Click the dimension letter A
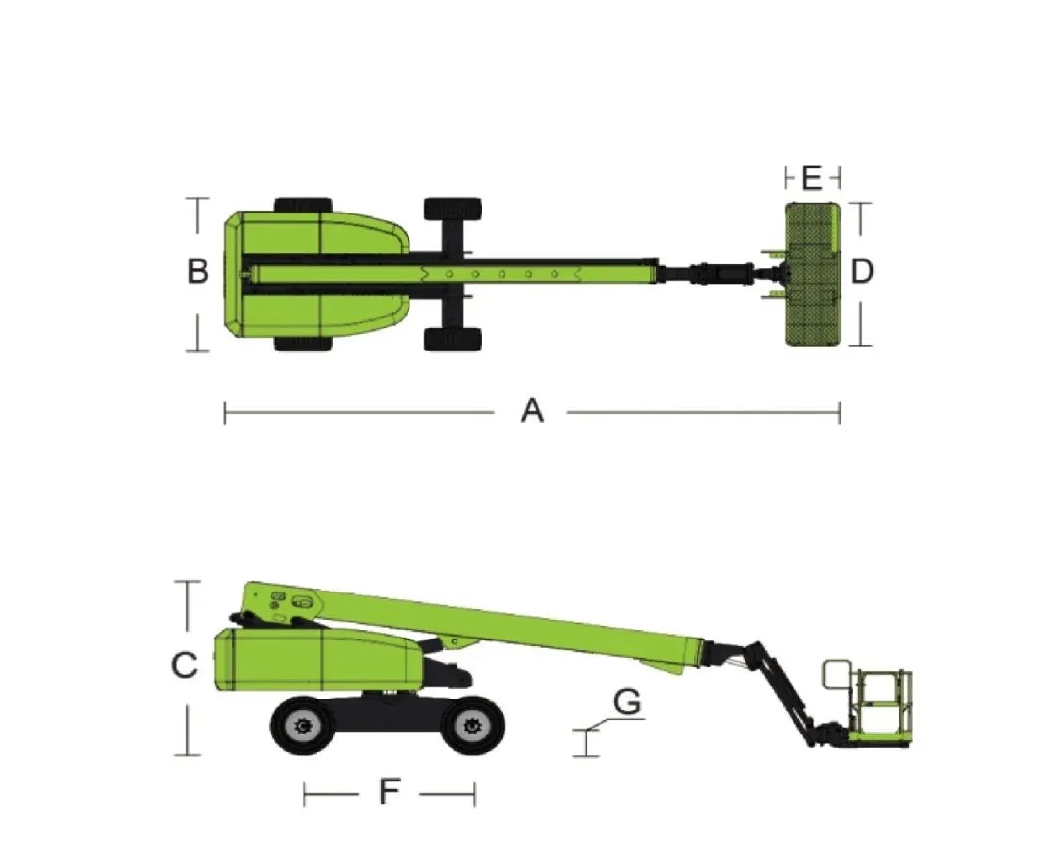click(x=532, y=410)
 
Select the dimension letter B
click(x=198, y=271)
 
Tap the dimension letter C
click(x=184, y=665)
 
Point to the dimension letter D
click(x=862, y=271)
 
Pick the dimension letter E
click(x=812, y=178)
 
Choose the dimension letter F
click(x=389, y=791)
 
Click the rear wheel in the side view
click(x=302, y=725)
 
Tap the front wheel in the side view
click(x=471, y=725)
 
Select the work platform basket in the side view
click(x=868, y=703)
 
